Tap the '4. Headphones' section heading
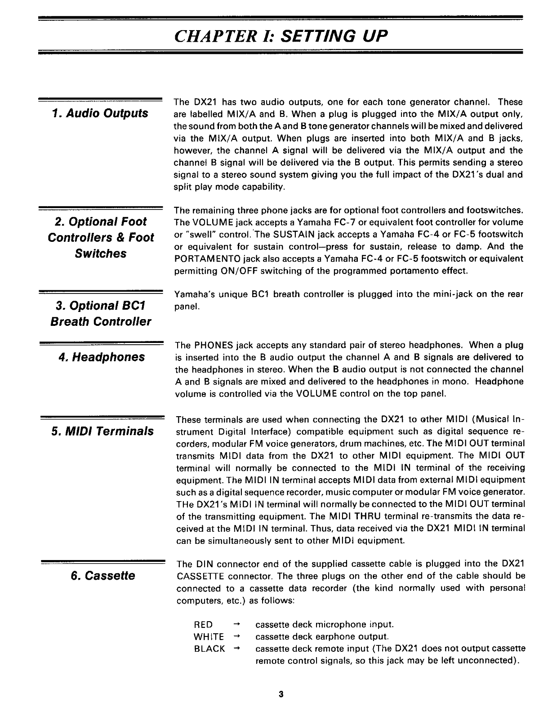tap(102, 357)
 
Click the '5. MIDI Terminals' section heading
tap(102, 432)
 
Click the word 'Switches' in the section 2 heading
tap(101, 253)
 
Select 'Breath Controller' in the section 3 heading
tap(101, 322)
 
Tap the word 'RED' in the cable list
tap(203, 625)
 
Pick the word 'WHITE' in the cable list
tap(209, 637)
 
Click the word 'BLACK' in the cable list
tap(209, 649)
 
